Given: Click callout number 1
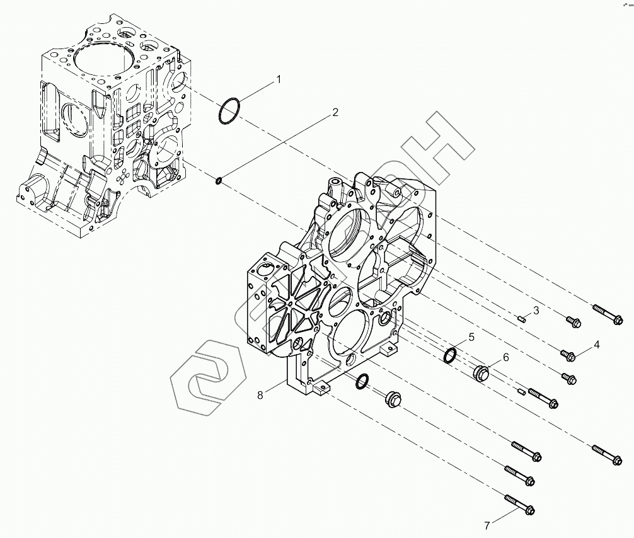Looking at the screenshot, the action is pos(277,79).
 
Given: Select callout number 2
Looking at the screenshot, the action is pos(335,113).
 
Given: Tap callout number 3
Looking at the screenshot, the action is pos(536,310).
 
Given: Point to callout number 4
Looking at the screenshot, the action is pos(596,345).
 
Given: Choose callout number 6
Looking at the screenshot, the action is pos(505,357).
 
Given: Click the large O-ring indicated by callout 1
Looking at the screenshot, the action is pos(229,111).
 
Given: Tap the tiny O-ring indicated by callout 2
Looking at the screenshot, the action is pos(218,181).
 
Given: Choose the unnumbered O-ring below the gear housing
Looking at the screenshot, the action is pos(362,381).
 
